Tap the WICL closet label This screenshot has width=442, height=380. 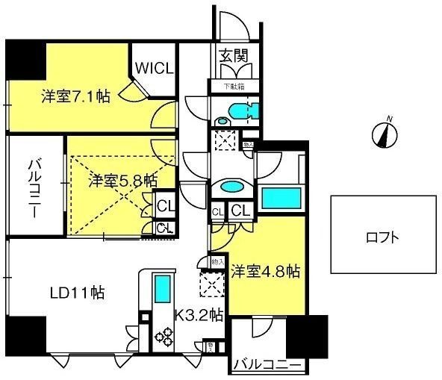[x=155, y=68]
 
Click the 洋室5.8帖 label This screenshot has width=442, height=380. [x=122, y=180]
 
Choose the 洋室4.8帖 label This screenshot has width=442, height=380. [x=265, y=271]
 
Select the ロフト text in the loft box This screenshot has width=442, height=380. [x=382, y=239]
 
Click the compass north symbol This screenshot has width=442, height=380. [x=387, y=134]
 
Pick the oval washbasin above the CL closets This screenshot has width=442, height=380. [x=230, y=187]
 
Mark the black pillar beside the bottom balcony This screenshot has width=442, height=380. [x=308, y=337]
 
